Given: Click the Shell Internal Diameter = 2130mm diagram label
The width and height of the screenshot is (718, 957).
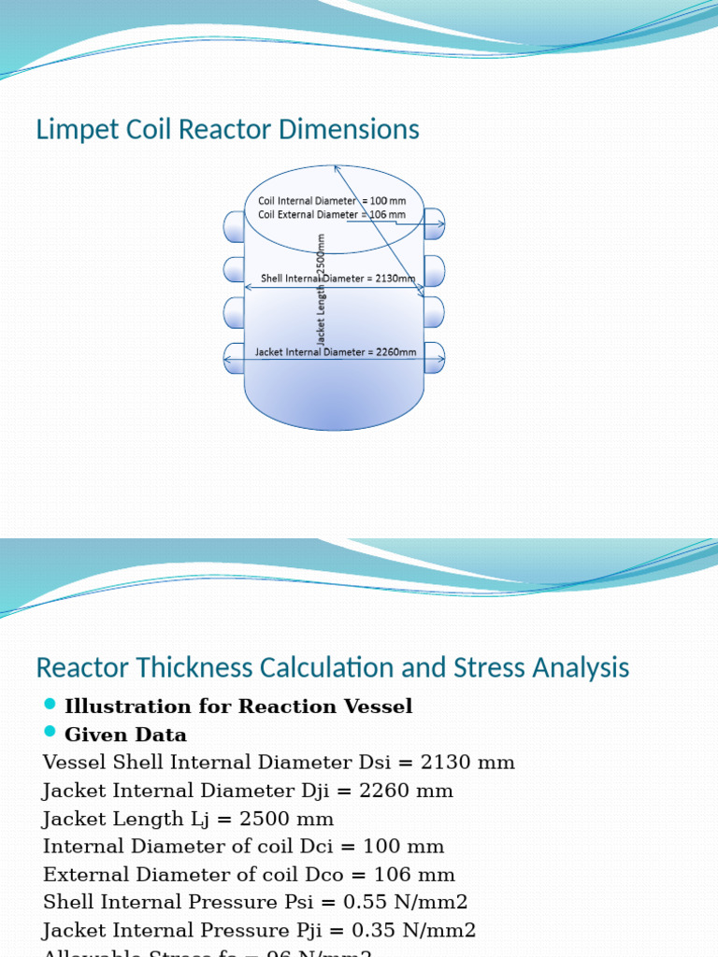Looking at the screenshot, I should tap(337, 278).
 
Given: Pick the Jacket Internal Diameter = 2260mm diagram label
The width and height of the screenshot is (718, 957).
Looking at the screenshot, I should tap(336, 352).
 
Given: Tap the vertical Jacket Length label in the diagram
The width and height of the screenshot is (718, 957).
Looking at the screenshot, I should tap(321, 290).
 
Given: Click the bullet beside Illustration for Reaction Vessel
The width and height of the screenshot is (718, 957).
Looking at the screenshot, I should tap(50, 705).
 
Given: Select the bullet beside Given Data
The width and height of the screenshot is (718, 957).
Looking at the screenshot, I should tap(50, 734).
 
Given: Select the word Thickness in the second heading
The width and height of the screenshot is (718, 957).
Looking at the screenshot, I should tap(186, 668).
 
